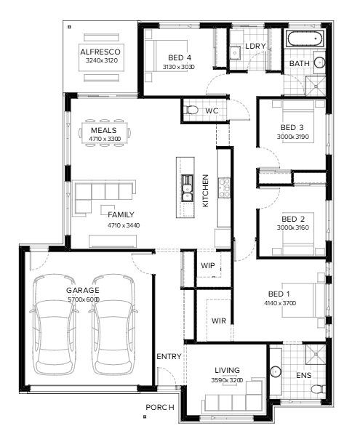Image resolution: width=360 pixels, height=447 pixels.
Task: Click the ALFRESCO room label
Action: click(101, 52)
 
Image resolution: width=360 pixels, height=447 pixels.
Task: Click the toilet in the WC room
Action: click(191, 110)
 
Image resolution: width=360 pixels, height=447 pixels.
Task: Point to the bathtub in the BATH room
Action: click(305, 39)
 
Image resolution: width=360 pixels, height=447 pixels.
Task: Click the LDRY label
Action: click(255, 47)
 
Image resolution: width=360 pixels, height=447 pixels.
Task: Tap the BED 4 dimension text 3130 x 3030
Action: click(179, 67)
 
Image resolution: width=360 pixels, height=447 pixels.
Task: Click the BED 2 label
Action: click(292, 218)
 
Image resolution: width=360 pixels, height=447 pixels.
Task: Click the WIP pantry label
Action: click(208, 266)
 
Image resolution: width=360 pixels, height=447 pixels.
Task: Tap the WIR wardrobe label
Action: click(218, 321)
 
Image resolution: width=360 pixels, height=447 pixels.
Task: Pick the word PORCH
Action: click(160, 408)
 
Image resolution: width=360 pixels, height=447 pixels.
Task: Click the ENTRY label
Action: click(169, 356)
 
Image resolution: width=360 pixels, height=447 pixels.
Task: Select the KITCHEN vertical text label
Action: click(206, 191)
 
